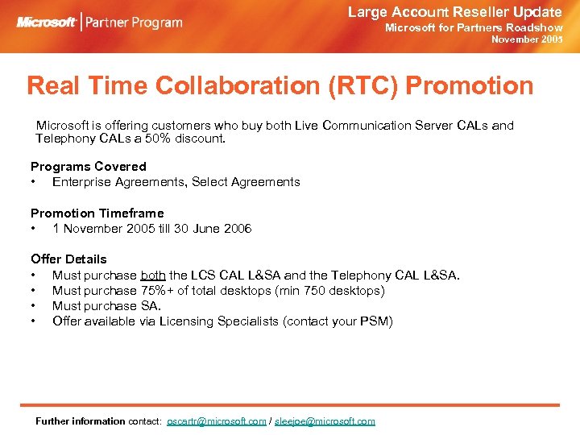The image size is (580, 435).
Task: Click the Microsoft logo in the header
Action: point(47,22)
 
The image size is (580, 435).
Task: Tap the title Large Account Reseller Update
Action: point(454,11)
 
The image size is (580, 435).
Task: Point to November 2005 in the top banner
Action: point(527,39)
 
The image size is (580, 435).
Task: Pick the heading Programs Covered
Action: point(89,166)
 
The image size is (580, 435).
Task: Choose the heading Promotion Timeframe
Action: point(97,213)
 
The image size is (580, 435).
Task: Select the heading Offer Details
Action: point(68,259)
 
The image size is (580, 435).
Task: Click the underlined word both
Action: point(153,275)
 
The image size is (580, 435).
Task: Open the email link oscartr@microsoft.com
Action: point(216,421)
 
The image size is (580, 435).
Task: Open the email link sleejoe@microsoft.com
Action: point(325,421)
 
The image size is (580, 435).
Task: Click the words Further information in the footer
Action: point(81,421)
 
